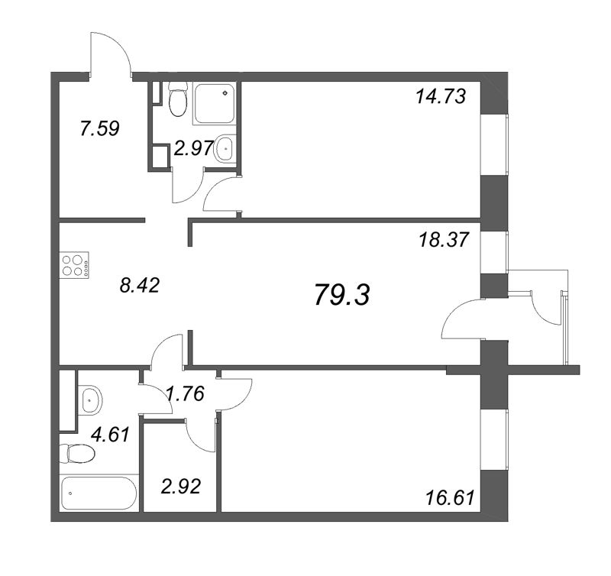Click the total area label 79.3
pos(341,294)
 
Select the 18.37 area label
pos(441,238)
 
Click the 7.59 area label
pos(99,128)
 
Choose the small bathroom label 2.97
pos(192,150)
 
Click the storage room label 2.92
pos(180,486)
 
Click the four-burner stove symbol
pos(74,264)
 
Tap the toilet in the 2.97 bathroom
pos(177,99)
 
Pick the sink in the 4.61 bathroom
pos(90,397)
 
